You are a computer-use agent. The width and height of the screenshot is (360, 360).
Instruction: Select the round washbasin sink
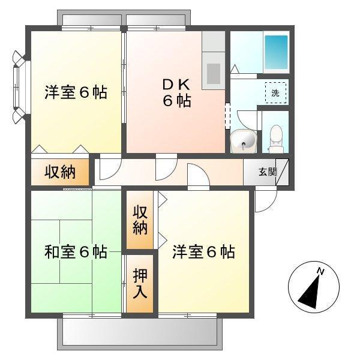click(245, 141)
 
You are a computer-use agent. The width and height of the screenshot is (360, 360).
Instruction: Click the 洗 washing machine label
click(275, 92)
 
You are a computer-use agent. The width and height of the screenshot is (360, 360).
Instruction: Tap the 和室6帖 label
click(76, 252)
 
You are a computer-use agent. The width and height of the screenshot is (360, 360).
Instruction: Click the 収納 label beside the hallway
click(60, 172)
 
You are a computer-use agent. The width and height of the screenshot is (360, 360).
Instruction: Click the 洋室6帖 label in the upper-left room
click(76, 93)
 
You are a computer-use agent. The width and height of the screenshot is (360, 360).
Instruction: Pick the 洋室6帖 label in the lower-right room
click(204, 252)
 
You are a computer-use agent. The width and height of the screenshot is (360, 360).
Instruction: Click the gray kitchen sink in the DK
click(214, 73)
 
